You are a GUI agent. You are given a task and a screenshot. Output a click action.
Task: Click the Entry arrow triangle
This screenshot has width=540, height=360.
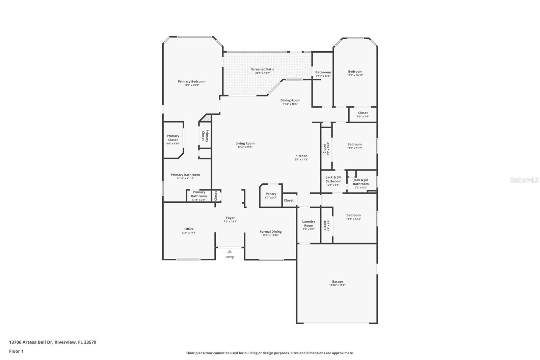[x=230, y=251]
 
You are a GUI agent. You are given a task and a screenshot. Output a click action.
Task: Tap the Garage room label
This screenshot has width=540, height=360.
[x=337, y=281]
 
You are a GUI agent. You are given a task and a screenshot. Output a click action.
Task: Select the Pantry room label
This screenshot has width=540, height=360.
[x=271, y=194]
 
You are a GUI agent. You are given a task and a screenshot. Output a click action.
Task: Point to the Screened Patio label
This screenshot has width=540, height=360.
[x=263, y=69]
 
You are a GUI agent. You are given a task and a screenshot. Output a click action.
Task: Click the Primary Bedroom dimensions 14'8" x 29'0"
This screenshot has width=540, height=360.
[x=191, y=85]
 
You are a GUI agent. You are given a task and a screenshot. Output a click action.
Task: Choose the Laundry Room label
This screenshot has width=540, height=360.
[x=308, y=224]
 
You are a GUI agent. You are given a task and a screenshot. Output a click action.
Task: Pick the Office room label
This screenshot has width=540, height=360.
[x=189, y=229]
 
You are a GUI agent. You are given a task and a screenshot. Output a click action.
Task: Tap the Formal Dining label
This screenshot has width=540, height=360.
[x=270, y=232]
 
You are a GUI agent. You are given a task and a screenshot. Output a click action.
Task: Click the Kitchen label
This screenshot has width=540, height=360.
[x=301, y=156]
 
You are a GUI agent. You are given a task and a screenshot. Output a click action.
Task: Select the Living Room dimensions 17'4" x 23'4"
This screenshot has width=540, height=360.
[x=245, y=147]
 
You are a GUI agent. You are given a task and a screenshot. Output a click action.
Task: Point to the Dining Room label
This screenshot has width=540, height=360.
[x=290, y=100]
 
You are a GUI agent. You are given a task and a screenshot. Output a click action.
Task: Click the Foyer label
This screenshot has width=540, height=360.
[x=230, y=218]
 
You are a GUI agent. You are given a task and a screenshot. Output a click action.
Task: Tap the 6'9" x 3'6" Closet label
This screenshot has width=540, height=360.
[x=363, y=114]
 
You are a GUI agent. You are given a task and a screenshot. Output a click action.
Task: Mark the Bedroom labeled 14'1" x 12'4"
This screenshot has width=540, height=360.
[x=353, y=217]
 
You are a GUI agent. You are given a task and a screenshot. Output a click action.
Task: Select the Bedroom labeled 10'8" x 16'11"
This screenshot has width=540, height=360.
[x=355, y=73]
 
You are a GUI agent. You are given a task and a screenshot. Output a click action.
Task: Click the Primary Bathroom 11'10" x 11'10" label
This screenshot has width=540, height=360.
[x=185, y=176]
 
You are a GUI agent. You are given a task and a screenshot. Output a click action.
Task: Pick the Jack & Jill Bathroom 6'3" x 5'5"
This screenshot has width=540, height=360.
[x=333, y=181]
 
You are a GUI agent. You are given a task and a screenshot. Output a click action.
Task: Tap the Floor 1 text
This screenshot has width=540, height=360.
[x=16, y=351]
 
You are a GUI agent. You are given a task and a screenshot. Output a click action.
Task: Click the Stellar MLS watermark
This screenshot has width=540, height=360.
[x=524, y=180]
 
